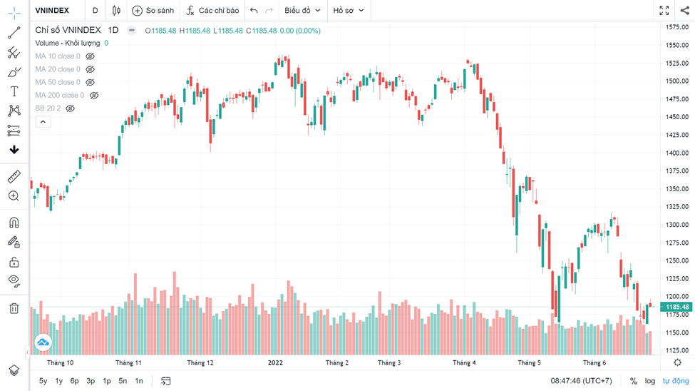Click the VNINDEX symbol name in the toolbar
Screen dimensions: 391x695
(x=52, y=11)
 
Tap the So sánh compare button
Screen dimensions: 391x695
(x=153, y=11)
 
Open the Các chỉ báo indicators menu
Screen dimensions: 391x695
(x=212, y=11)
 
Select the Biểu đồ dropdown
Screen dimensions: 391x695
(x=302, y=11)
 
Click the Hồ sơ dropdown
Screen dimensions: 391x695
(x=349, y=11)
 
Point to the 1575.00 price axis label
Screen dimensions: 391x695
(x=676, y=27)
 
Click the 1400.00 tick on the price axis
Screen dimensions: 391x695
(x=676, y=153)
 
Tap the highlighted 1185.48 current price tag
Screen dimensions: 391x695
(x=676, y=307)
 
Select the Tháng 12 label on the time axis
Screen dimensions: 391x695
(x=200, y=362)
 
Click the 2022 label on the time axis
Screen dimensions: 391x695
(x=275, y=362)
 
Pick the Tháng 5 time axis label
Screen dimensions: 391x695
(x=529, y=362)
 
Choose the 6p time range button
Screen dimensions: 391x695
(x=74, y=381)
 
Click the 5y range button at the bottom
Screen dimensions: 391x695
(x=43, y=381)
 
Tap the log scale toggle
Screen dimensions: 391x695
(x=650, y=381)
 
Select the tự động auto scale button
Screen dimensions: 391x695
(x=676, y=381)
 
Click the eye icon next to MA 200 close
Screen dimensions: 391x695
(x=94, y=96)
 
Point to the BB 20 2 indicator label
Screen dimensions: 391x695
(x=48, y=108)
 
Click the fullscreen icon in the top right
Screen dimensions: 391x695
(x=664, y=11)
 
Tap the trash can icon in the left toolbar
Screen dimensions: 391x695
(x=14, y=308)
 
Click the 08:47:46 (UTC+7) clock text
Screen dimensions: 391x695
(x=581, y=381)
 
